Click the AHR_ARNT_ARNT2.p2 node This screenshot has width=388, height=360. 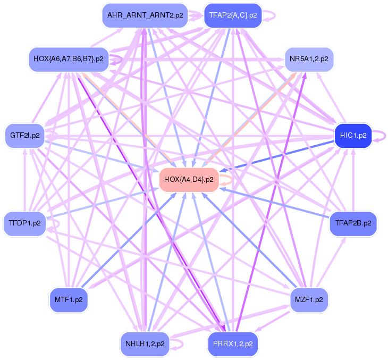[x=145, y=15]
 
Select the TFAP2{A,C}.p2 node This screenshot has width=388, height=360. [x=233, y=15]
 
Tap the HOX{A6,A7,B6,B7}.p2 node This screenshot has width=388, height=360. [x=68, y=58]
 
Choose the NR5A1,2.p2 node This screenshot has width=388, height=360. [x=308, y=58]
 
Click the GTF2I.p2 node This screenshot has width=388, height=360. [x=24, y=136]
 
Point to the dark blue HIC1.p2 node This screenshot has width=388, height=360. [x=353, y=136]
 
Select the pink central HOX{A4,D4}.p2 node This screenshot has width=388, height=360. [x=189, y=180]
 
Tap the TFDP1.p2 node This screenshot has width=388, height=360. [x=24, y=223]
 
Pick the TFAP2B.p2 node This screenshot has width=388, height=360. [x=353, y=223]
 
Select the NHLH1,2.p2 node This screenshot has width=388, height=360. [x=145, y=344]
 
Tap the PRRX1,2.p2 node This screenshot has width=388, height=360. [x=233, y=344]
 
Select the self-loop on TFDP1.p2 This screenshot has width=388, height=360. [x=55, y=224]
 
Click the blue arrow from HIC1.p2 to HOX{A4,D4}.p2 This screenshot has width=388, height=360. [x=276, y=157]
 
